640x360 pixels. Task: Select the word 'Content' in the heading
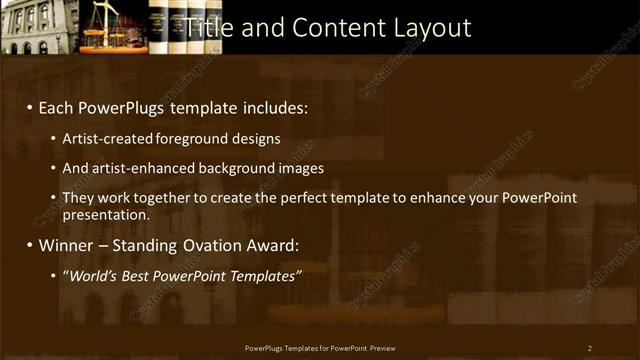[327, 27]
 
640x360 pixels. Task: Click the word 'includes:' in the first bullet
[274, 107]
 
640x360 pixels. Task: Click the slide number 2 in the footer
[590, 347]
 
